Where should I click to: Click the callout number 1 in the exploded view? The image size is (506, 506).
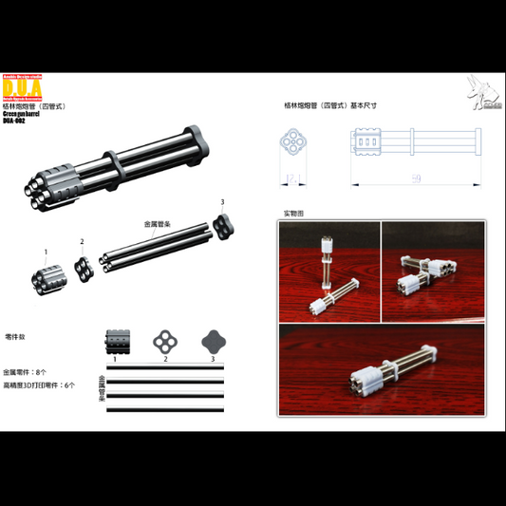click(46, 252)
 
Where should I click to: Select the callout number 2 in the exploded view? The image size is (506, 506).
click(83, 241)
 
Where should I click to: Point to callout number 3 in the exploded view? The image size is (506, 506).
click(222, 202)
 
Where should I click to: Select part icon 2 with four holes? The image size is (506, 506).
click(164, 342)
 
